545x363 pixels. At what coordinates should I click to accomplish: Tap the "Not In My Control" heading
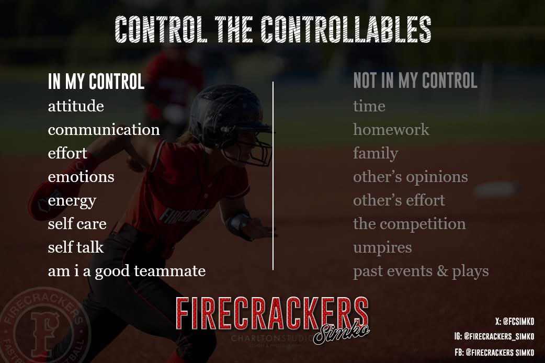[415, 81]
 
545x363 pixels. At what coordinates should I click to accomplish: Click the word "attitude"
[76, 107]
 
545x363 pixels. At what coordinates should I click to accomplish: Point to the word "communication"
[104, 130]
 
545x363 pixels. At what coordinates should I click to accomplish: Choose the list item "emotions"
[81, 177]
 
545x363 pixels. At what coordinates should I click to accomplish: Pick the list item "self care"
[77, 224]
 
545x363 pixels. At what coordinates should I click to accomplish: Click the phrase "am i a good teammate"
[127, 271]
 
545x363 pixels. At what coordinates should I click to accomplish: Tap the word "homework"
[391, 130]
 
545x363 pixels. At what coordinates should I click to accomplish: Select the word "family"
[375, 154]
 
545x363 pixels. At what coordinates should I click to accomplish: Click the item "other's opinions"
[410, 177]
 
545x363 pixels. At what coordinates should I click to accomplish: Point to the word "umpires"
[382, 247]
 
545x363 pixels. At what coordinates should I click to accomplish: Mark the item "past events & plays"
[421, 271]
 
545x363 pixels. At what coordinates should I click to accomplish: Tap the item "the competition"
[409, 224]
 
